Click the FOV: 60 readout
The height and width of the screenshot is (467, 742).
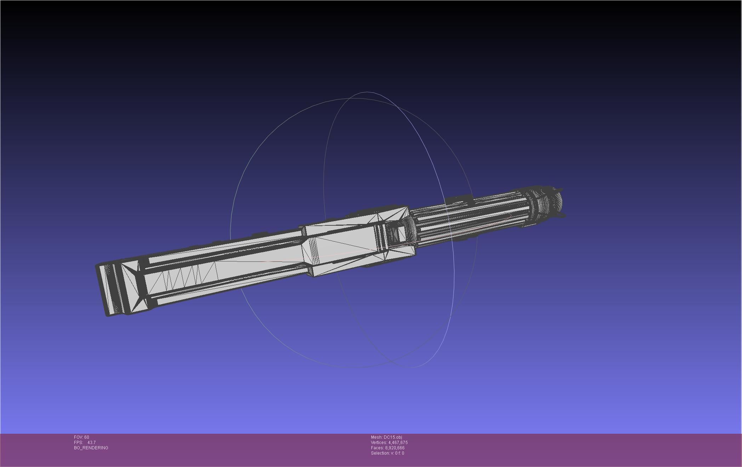(81, 437)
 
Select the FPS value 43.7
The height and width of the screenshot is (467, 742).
(91, 443)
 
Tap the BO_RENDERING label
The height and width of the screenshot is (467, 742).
(91, 448)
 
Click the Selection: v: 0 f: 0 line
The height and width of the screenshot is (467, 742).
(387, 453)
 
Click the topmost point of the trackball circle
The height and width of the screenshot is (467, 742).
(366, 92)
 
